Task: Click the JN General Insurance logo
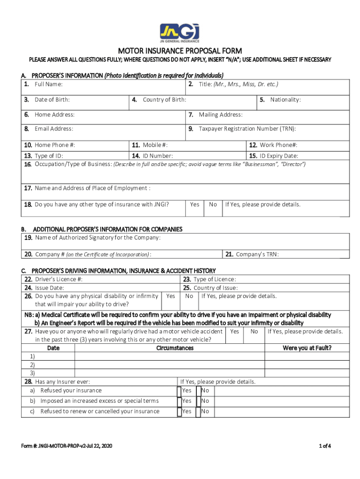(x=180, y=33)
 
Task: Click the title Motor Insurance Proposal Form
(x=180, y=51)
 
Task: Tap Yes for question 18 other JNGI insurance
(x=194, y=204)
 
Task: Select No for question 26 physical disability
(x=189, y=296)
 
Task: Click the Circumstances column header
(x=175, y=348)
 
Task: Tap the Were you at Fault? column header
(x=307, y=348)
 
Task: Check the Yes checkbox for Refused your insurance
(x=180, y=391)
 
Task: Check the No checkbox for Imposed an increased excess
(x=199, y=401)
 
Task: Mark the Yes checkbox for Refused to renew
(x=180, y=412)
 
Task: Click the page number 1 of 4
(x=324, y=446)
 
